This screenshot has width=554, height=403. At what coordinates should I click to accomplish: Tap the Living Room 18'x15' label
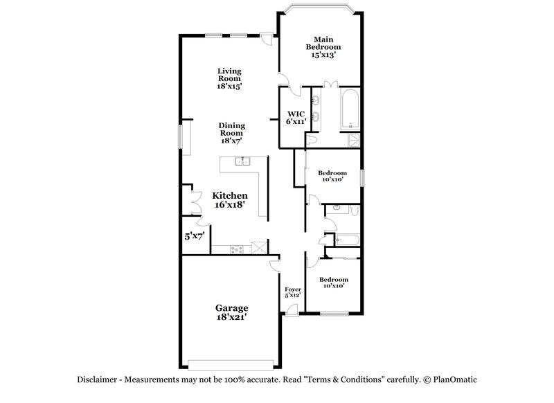tap(229, 79)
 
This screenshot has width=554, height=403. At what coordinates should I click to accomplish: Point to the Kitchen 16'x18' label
tap(230, 200)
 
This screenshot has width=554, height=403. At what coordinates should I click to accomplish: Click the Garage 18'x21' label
tap(231, 312)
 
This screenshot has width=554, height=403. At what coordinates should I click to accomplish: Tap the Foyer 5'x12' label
tap(293, 292)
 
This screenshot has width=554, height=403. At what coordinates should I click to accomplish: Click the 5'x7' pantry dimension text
tap(194, 236)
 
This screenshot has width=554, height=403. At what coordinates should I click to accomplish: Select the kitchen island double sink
tap(242, 162)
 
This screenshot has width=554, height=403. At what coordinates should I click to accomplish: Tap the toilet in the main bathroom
tap(312, 140)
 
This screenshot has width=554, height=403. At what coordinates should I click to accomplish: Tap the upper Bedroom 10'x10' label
tap(332, 176)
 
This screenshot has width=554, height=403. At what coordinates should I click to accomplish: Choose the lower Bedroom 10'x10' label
tap(333, 282)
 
